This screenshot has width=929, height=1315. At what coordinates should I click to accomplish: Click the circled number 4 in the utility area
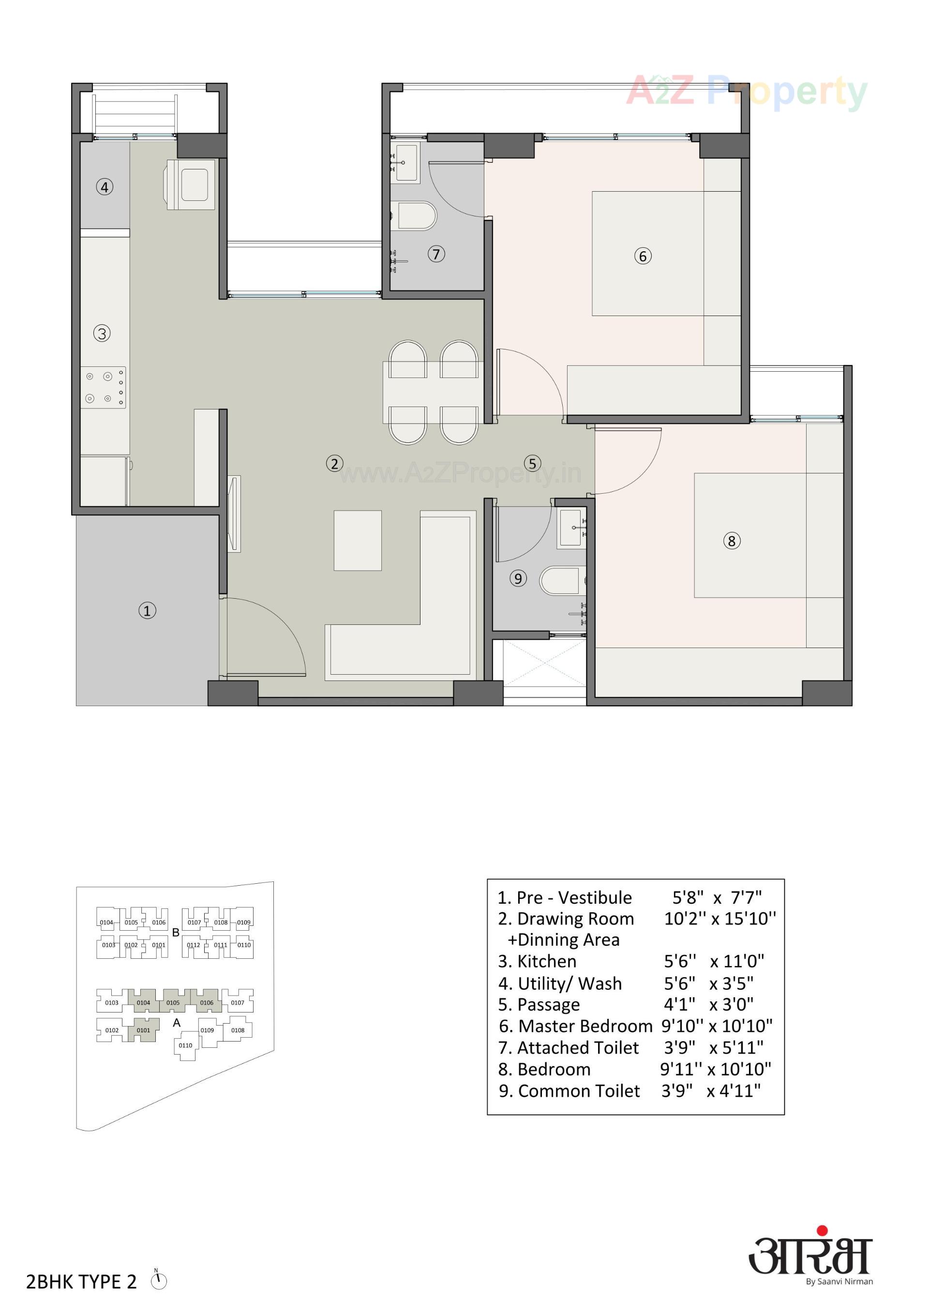(x=104, y=187)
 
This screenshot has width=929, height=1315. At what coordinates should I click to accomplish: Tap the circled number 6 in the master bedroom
(x=643, y=256)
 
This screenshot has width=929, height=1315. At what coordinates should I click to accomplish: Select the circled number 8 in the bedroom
(x=732, y=541)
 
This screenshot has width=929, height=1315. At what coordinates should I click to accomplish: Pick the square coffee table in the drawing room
(x=358, y=540)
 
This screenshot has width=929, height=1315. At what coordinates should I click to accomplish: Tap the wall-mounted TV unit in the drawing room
(x=234, y=514)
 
